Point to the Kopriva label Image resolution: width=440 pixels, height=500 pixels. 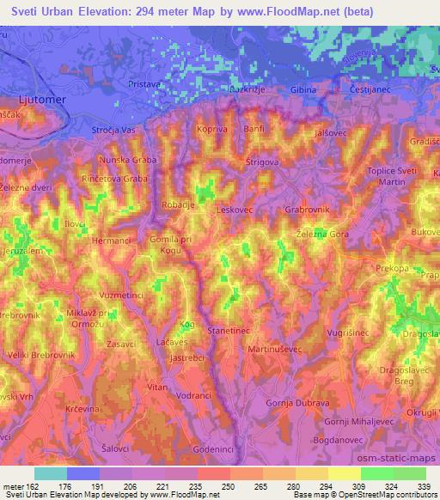211,128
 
